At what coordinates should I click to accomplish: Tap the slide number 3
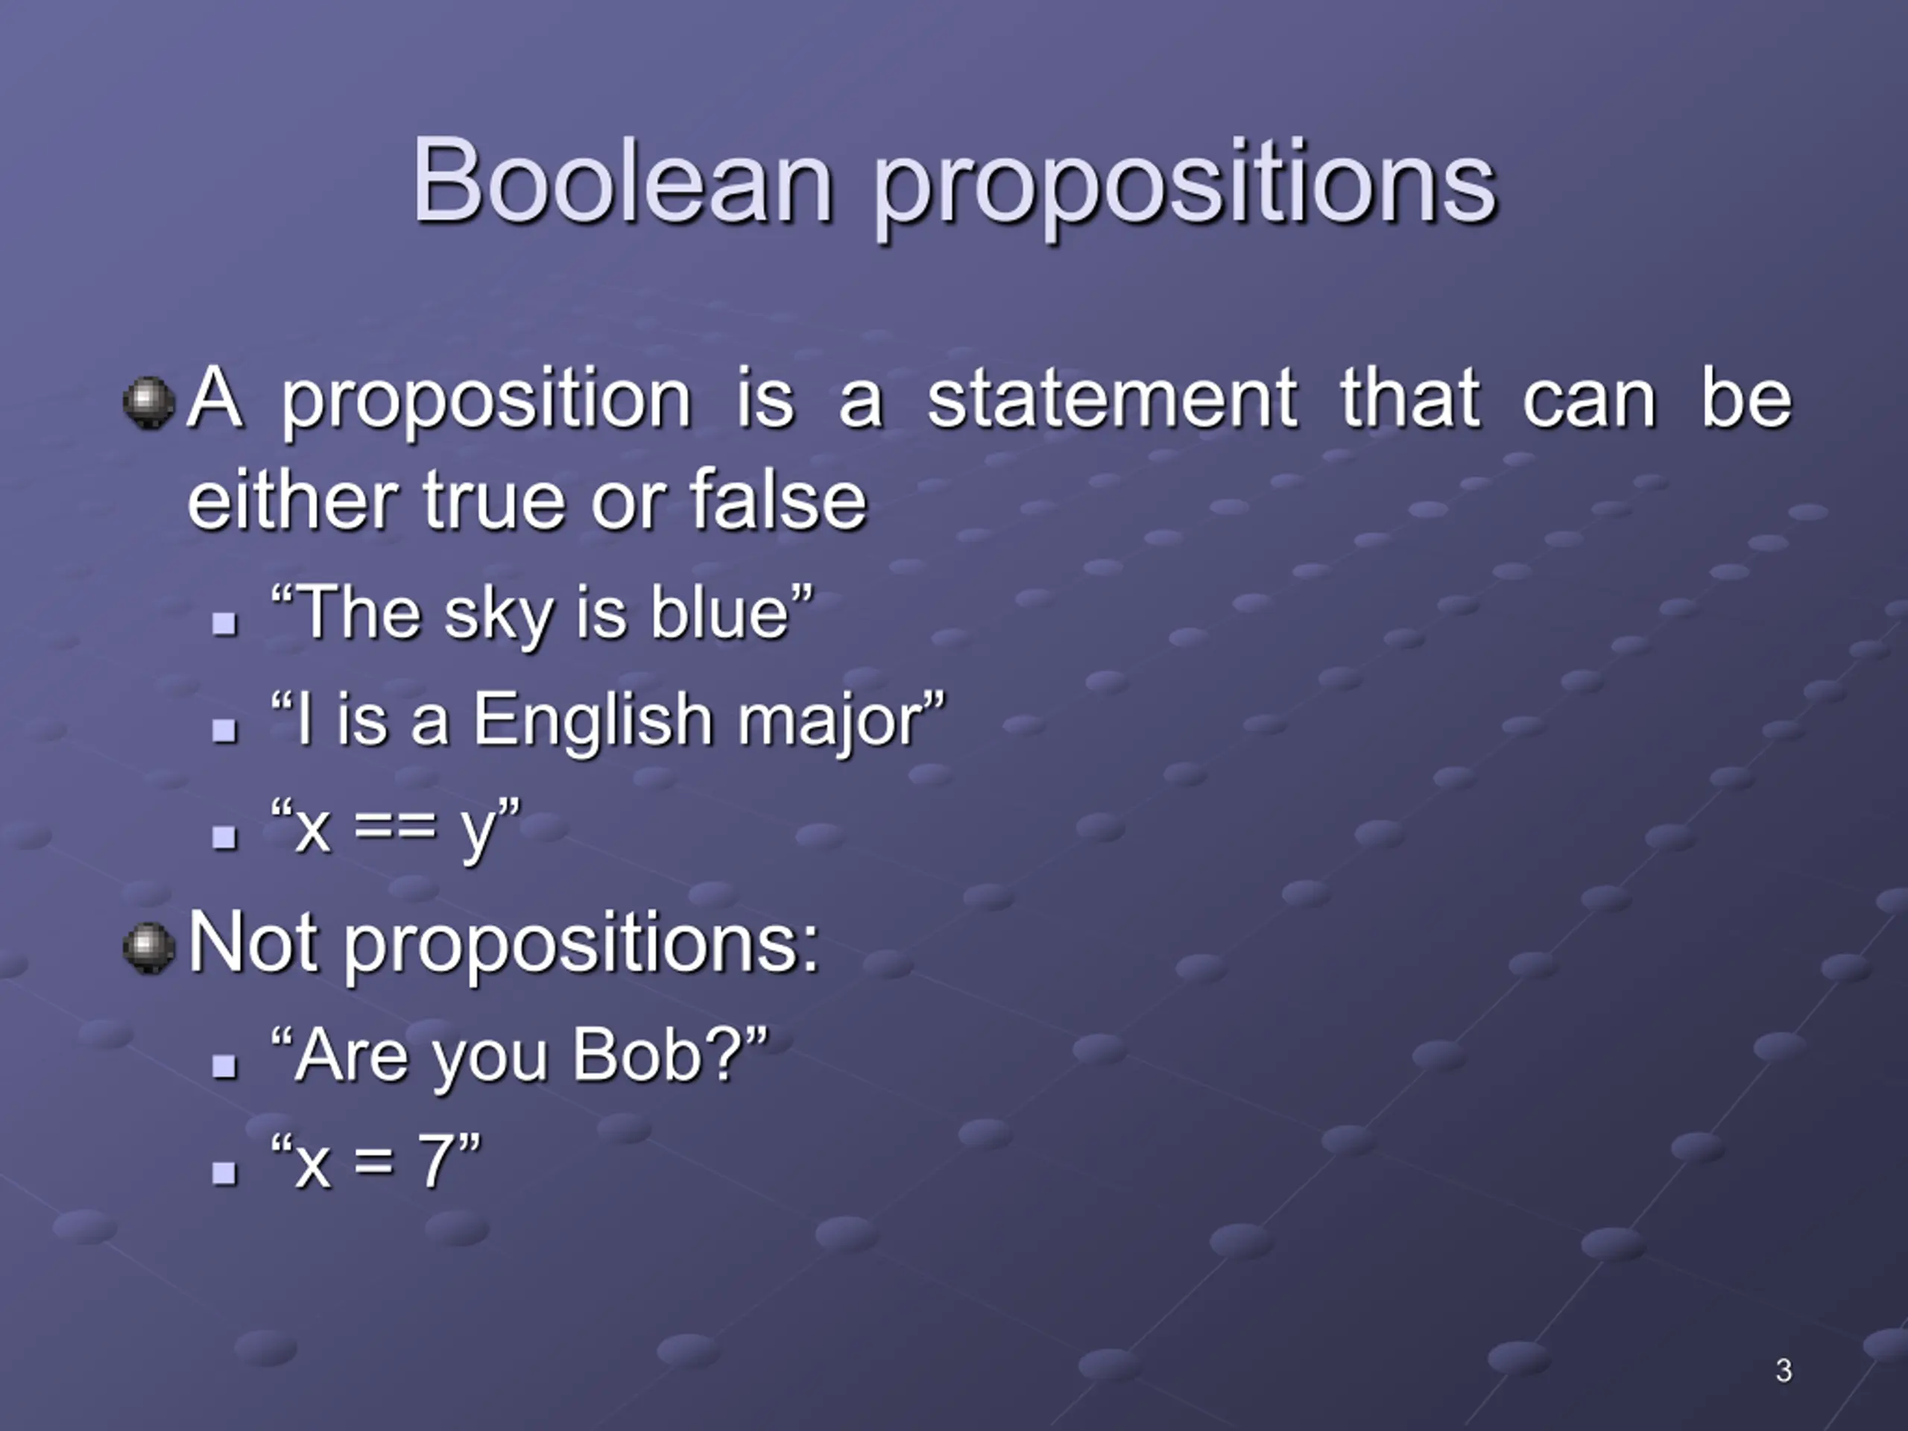tap(1784, 1370)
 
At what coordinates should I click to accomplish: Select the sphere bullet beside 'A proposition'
tap(149, 401)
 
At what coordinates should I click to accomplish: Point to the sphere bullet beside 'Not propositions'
tap(149, 947)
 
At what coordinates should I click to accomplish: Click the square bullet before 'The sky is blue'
tap(224, 623)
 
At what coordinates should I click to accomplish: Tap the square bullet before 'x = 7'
tap(224, 1172)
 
